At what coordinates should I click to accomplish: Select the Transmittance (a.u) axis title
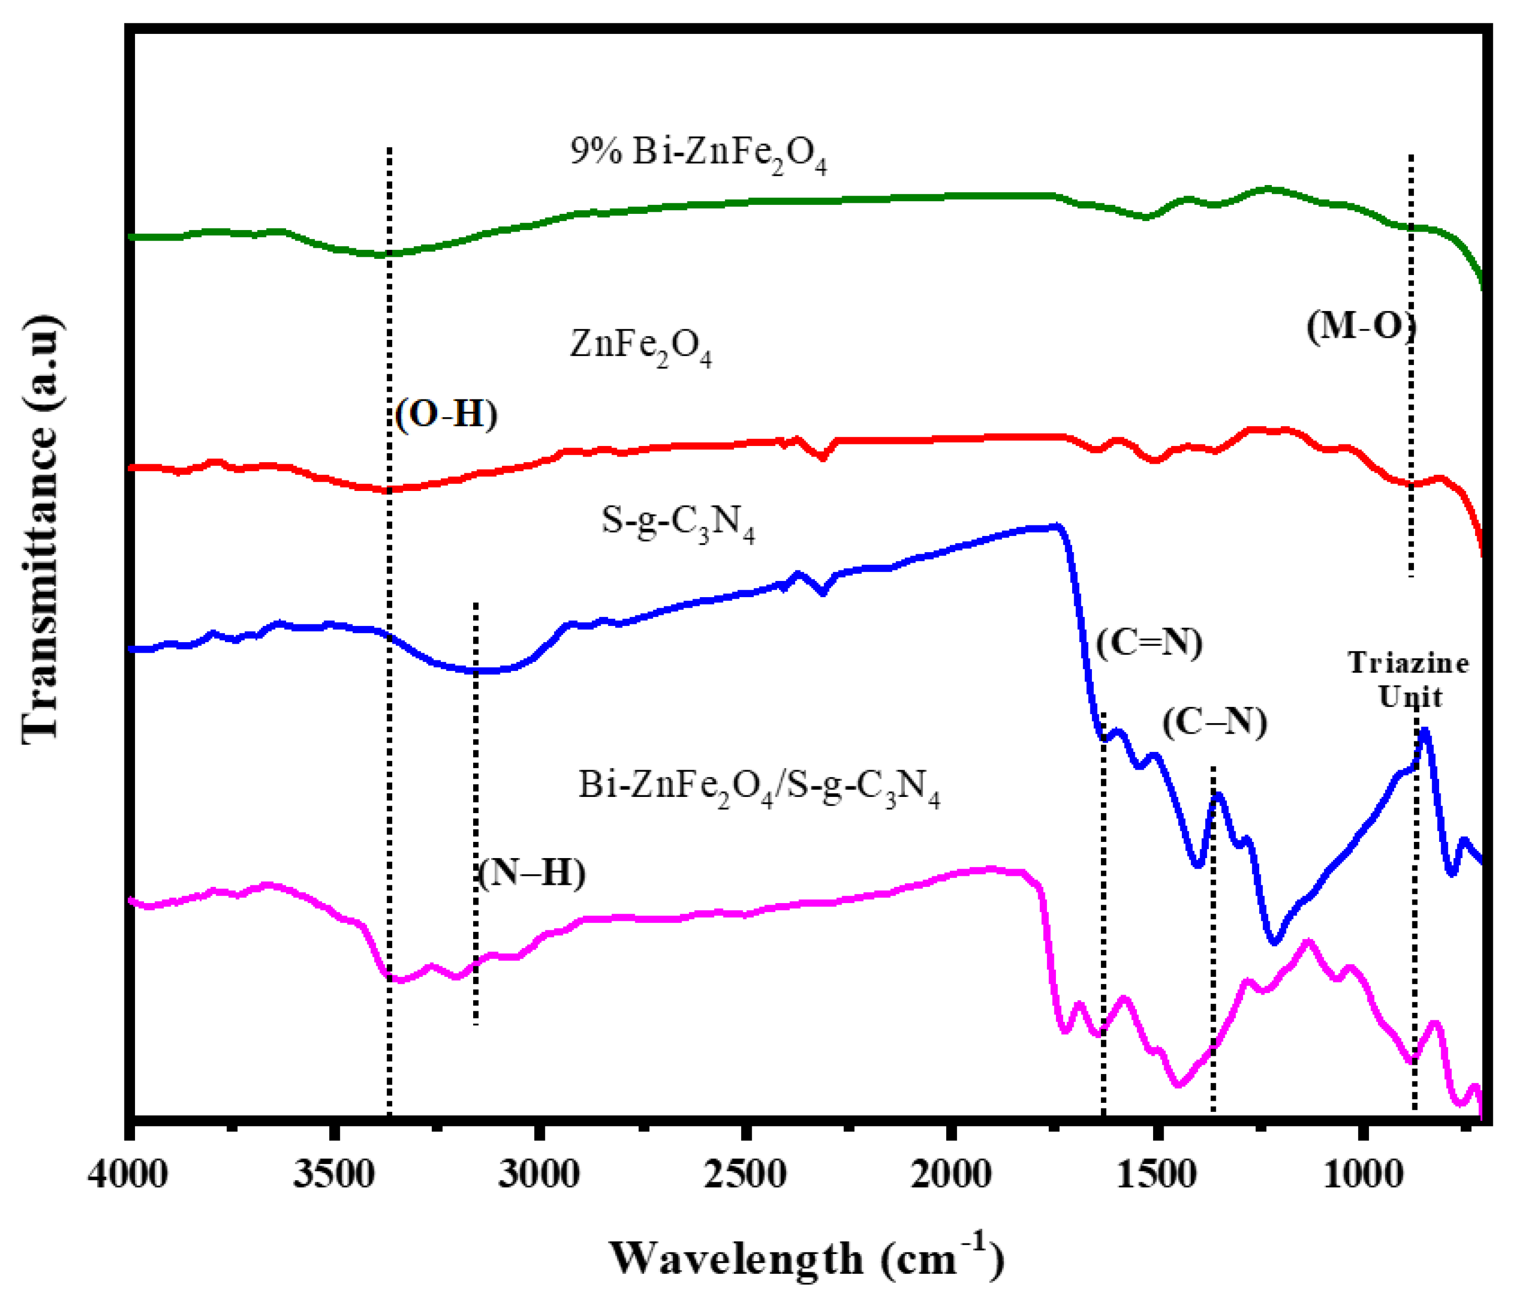40,529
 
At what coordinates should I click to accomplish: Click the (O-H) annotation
446,415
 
